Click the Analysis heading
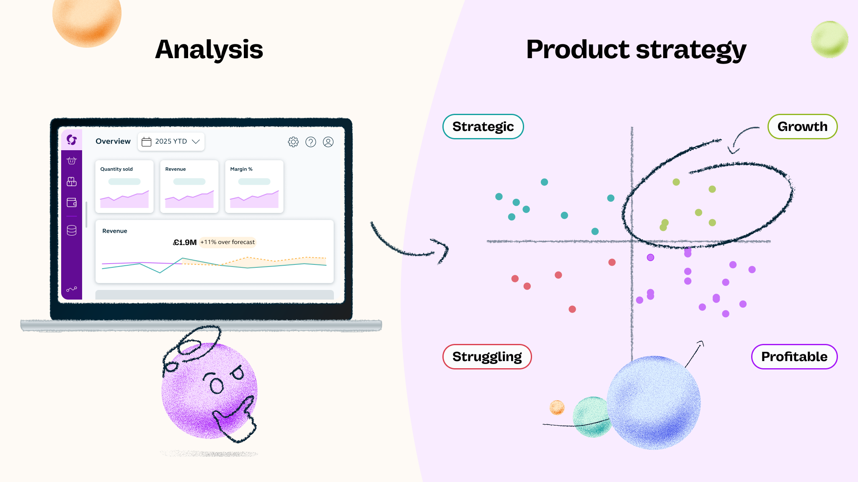[209, 49]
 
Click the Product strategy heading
[636, 49]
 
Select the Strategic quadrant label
[483, 126]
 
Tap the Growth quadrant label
[802, 126]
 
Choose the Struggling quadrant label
[487, 356]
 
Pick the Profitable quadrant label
[794, 356]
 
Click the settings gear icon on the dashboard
[293, 142]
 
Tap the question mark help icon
[311, 142]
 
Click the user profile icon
[328, 142]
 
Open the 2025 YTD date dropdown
[171, 141]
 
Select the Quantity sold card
[124, 187]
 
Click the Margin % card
[254, 187]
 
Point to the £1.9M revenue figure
[185, 242]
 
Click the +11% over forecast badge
[227, 242]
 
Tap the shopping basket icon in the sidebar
[72, 161]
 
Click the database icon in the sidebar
[72, 231]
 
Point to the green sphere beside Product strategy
[830, 39]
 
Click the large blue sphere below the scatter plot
[654, 403]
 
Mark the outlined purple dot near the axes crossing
[650, 257]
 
